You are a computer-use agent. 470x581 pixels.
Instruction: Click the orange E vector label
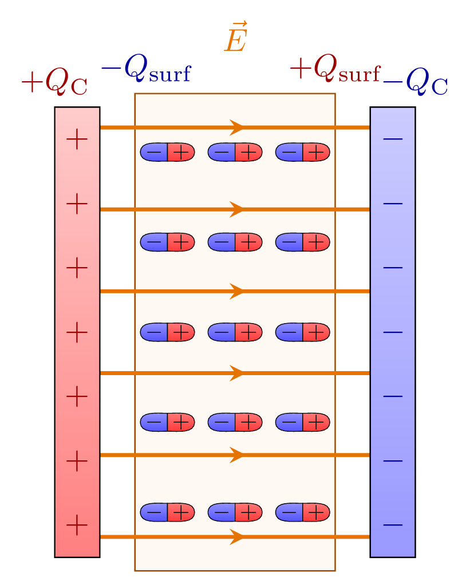[235, 38]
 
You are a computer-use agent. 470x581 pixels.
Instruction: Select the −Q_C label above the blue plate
[415, 82]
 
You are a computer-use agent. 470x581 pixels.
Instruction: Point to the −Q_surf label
[146, 70]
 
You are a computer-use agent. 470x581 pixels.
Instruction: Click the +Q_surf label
[335, 70]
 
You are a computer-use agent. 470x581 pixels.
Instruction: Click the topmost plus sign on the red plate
[77, 140]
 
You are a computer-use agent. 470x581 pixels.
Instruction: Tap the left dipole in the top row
[167, 152]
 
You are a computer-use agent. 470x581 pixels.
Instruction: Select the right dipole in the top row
[302, 152]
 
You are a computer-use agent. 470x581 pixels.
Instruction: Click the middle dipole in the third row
[235, 332]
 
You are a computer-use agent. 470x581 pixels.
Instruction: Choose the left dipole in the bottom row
[167, 512]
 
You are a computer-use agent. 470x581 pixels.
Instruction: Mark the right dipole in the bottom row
[302, 512]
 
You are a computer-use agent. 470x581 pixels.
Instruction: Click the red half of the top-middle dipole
[248, 152]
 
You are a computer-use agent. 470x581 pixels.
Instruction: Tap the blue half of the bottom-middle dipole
[222, 512]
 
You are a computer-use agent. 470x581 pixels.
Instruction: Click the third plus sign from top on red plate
[77, 268]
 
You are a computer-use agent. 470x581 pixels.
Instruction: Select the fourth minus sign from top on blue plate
[393, 332]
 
